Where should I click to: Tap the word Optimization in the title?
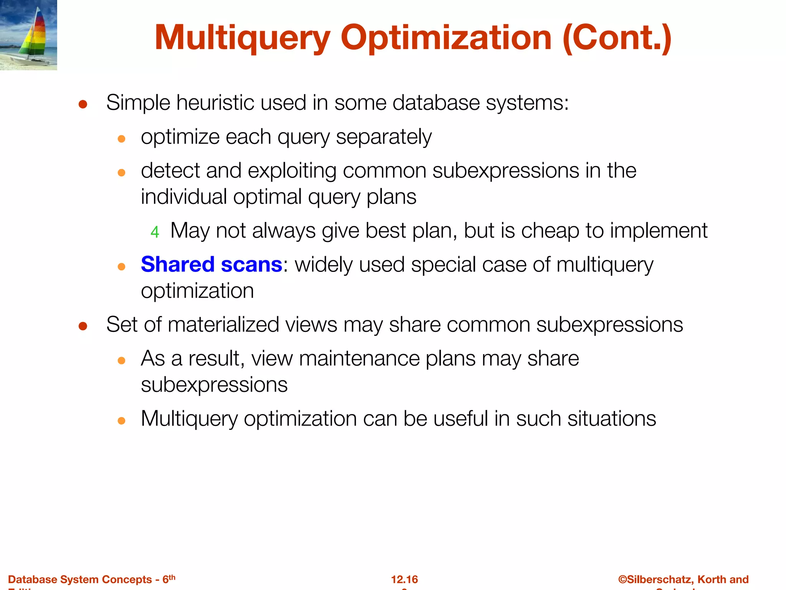pyautogui.click(x=446, y=38)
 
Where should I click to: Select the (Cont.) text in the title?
pyautogui.click(x=617, y=38)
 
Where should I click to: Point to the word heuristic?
pyautogui.click(x=215, y=103)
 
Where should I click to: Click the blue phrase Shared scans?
pyautogui.click(x=211, y=264)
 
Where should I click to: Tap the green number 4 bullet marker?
pyautogui.click(x=155, y=232)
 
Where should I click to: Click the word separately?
pyautogui.click(x=384, y=137)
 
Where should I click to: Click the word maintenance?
pyautogui.click(x=359, y=358)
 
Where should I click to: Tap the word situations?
pyautogui.click(x=611, y=418)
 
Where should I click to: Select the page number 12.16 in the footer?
pyautogui.click(x=404, y=579)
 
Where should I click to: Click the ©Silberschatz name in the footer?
pyautogui.click(x=654, y=579)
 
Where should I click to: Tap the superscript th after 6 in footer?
pyautogui.click(x=172, y=577)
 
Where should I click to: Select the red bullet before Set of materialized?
pyautogui.click(x=83, y=326)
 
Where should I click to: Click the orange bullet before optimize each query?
pyautogui.click(x=122, y=139)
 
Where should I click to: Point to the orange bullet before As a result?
pyautogui.click(x=122, y=360)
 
